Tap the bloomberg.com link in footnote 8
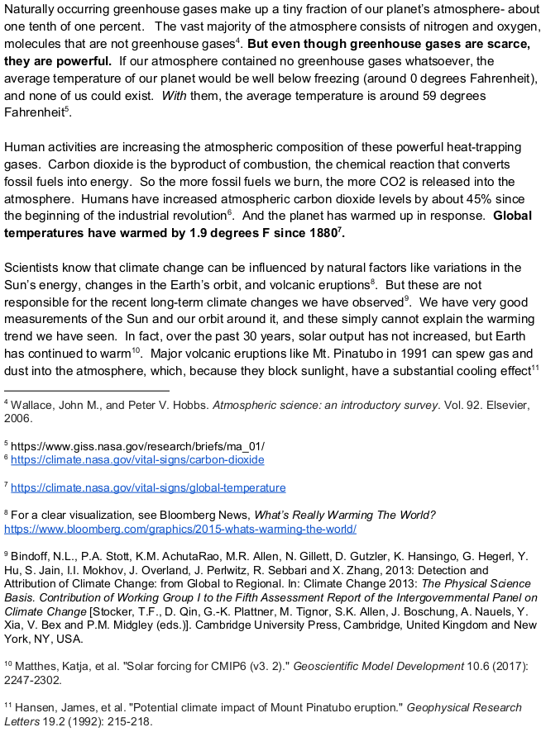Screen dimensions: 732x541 pos(180,529)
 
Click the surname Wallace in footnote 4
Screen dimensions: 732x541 pos(31,405)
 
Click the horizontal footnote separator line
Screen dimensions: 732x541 pos(87,389)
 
